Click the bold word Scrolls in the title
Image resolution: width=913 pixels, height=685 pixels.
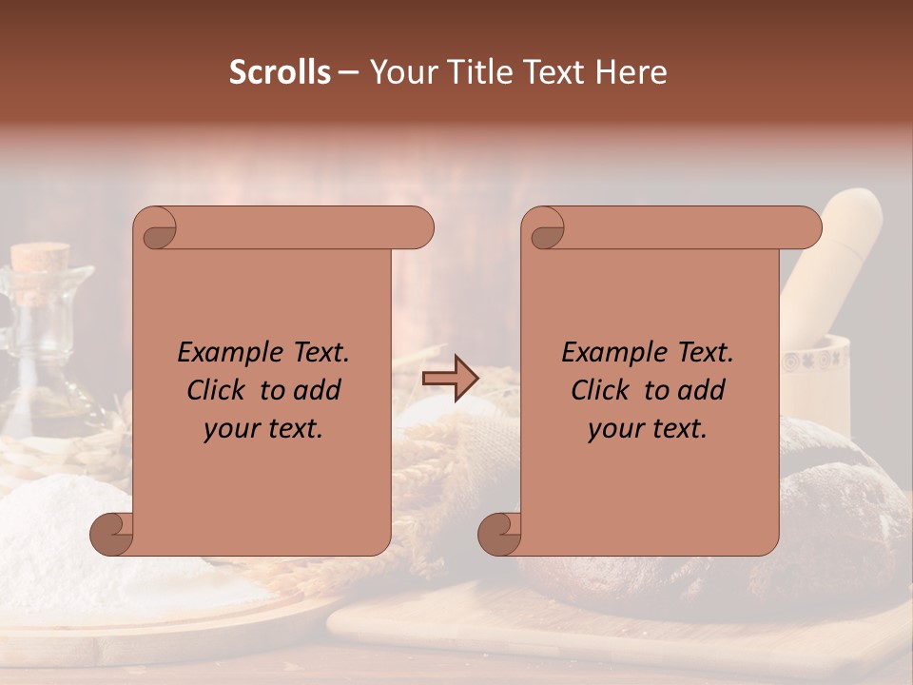(x=280, y=72)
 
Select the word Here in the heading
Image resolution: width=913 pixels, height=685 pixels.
(x=631, y=72)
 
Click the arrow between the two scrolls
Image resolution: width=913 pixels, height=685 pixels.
(x=451, y=379)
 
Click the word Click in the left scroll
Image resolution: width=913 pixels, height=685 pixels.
(x=217, y=390)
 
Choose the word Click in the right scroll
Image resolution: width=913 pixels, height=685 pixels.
(x=601, y=390)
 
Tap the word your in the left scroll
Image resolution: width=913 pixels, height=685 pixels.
(x=230, y=429)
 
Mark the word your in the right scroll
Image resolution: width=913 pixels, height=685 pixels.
(x=614, y=429)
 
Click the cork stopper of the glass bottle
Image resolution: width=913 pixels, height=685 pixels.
(x=42, y=257)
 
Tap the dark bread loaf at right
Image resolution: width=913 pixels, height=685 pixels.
(x=837, y=514)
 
